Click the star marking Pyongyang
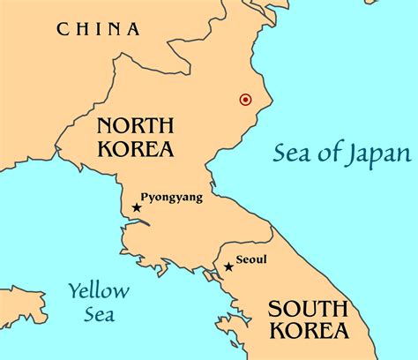point(137,207)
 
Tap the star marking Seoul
point(229,266)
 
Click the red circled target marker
point(245,100)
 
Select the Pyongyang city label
point(172,198)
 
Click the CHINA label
point(98,29)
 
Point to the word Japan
point(379,154)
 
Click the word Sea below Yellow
point(99,314)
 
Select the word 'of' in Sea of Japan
point(329,154)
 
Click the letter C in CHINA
point(63,29)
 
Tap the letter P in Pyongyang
point(146,197)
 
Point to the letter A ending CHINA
point(133,29)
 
